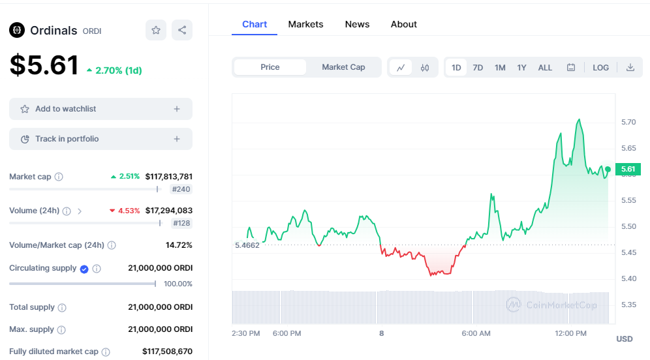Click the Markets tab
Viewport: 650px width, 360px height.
[x=305, y=24]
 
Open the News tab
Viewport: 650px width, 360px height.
[x=357, y=24]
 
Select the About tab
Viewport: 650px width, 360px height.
[x=404, y=24]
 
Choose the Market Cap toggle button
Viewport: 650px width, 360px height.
[x=343, y=67]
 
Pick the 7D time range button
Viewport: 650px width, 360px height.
[x=478, y=68]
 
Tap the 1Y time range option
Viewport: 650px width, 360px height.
[x=521, y=68]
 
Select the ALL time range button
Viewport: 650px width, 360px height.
[x=545, y=68]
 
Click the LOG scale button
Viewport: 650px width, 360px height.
[x=600, y=68]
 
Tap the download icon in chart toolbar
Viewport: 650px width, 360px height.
[x=630, y=67]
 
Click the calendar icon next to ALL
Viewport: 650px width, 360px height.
[x=571, y=67]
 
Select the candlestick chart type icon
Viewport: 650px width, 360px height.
[x=424, y=68]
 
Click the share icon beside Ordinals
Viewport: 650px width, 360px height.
[x=182, y=30]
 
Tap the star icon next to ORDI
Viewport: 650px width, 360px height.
[x=156, y=30]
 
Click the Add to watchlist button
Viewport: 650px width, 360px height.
[x=101, y=109]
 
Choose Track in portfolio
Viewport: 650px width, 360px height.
[x=101, y=139]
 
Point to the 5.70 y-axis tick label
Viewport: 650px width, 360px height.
[x=628, y=122]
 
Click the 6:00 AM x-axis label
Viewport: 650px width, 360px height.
[x=476, y=333]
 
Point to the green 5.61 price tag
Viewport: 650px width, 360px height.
[x=628, y=169]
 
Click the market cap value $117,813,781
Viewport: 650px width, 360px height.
[x=169, y=177]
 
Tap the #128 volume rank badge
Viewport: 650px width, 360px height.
[x=181, y=223]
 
